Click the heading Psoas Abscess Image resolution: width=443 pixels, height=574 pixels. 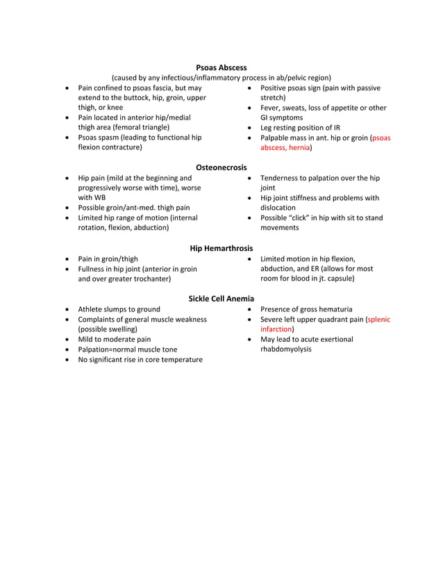tap(221, 67)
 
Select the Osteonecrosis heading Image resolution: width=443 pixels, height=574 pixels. tap(221, 167)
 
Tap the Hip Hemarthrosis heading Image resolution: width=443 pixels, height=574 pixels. tap(221, 248)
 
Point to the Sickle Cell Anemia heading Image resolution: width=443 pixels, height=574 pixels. tap(221, 299)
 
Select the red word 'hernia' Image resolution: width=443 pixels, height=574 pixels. tap(297, 148)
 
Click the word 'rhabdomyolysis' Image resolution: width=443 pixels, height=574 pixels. tap(286, 350)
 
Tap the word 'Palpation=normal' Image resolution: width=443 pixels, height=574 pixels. tap(107, 350)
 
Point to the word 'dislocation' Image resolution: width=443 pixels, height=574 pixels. tap(278, 208)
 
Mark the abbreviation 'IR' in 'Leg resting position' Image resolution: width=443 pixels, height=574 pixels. tap(336, 128)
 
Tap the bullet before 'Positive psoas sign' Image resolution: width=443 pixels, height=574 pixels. tap(249, 89)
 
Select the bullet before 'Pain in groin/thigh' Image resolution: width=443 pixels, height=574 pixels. tap(66, 259)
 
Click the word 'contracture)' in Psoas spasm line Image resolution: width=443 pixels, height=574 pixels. tap(122, 147)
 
